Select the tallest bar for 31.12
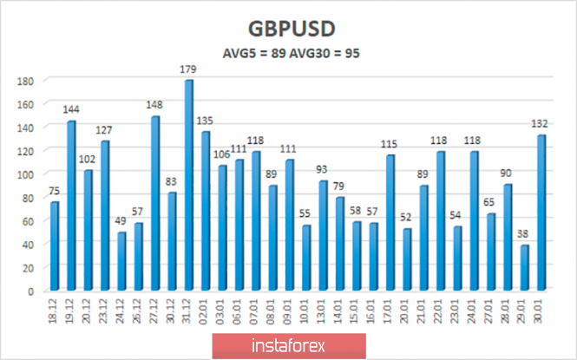[x=188, y=186]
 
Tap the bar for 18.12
[x=55, y=246]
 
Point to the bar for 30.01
[x=542, y=213]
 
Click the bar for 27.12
[x=155, y=204]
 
